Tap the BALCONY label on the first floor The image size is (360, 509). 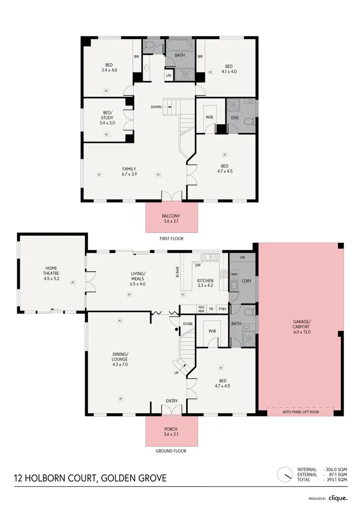(171, 216)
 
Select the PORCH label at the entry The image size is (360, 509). (171, 429)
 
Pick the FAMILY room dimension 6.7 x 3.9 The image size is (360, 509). (129, 174)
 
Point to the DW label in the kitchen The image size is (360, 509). (198, 264)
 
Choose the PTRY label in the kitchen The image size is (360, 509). (222, 309)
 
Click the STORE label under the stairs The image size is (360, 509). (188, 324)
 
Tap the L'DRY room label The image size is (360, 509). (247, 280)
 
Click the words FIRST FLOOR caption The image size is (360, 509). (171, 238)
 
